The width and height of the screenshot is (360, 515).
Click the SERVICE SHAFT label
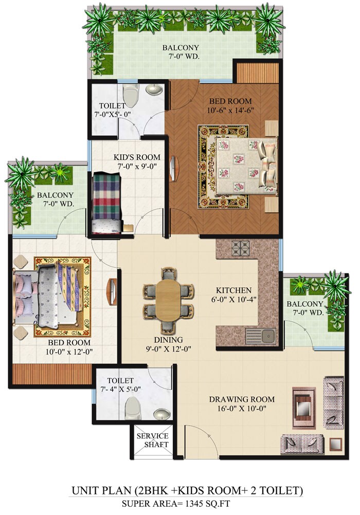152,440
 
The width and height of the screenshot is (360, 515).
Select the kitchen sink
267,337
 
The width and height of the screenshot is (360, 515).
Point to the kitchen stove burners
240,249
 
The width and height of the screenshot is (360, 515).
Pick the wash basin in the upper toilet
153,90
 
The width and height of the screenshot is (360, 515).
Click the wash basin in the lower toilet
163,414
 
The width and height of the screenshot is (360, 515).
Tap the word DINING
168,340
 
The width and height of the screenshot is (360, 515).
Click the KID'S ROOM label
137,157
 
